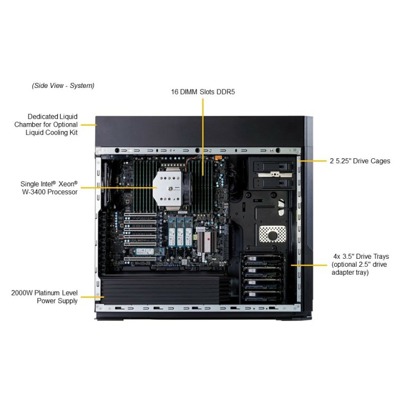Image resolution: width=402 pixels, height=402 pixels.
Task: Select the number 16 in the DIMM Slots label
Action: tap(175, 92)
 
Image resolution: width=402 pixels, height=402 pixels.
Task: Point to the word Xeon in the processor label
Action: tap(66, 184)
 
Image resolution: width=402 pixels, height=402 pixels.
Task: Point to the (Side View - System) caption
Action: tap(63, 85)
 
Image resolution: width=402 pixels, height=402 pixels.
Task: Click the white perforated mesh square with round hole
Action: tap(272, 234)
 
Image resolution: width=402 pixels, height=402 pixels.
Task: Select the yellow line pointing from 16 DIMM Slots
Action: tap(203, 136)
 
